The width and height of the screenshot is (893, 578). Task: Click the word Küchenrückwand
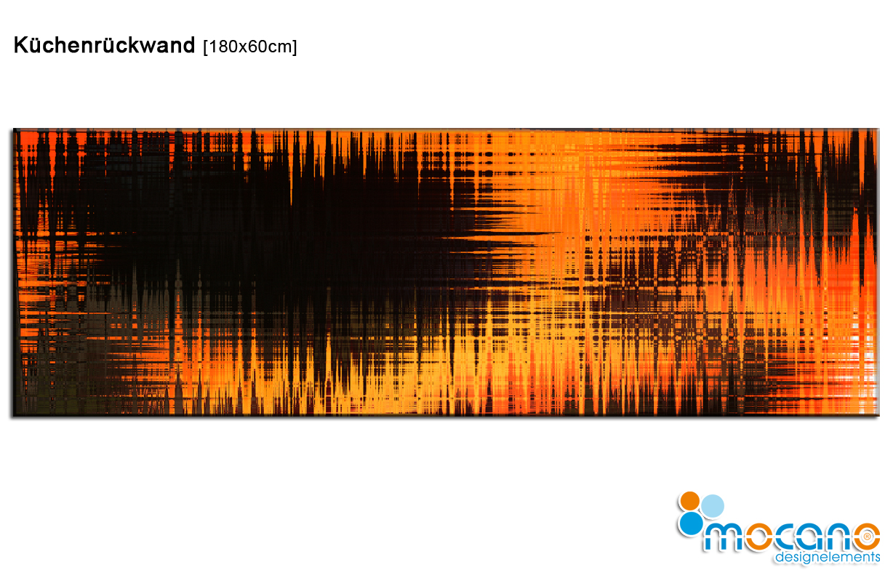click(104, 45)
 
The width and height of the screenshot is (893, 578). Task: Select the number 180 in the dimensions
click(224, 47)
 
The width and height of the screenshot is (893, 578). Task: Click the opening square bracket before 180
click(206, 47)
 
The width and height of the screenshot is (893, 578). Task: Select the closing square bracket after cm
click(295, 47)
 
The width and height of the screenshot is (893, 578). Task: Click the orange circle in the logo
click(690, 501)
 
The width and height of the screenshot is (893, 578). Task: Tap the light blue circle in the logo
click(713, 506)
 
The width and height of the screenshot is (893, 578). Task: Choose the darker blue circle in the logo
click(691, 523)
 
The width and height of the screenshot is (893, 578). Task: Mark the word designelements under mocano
click(828, 557)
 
